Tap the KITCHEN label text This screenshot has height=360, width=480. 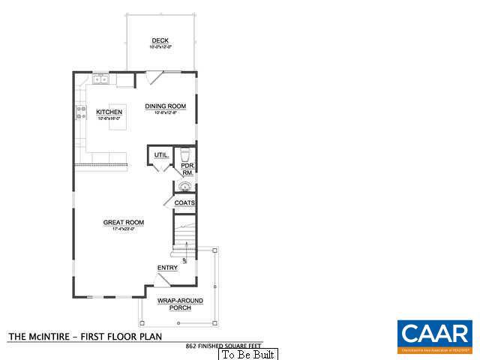coord(109,112)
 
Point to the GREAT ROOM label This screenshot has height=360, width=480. coord(124,222)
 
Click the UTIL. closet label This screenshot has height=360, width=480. coord(160,155)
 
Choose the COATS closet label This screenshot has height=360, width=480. coord(184,203)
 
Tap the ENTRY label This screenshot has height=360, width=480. coord(166,268)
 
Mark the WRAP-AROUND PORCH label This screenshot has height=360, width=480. coord(174,304)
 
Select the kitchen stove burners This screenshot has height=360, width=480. coord(79,113)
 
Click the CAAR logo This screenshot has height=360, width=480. coord(435,335)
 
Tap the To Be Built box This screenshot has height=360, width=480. coord(247,354)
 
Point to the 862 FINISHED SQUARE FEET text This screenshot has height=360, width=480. coord(223,346)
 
